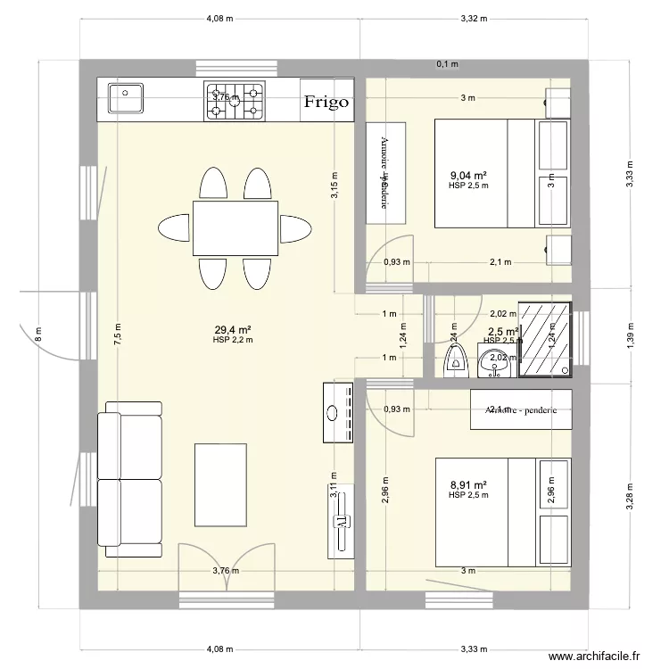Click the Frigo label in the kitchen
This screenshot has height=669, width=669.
tap(326, 102)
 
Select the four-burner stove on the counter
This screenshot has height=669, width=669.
tap(236, 101)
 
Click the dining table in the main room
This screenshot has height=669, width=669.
tap(235, 227)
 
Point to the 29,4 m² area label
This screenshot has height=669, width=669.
tap(232, 329)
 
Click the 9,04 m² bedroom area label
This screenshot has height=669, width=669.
tap(467, 176)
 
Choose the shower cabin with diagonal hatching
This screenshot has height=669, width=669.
tap(545, 340)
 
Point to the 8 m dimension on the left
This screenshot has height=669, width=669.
tap(38, 335)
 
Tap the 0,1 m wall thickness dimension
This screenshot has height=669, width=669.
tap(446, 64)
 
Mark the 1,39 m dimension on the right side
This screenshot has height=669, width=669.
tap(630, 337)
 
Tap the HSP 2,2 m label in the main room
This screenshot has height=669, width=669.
tap(232, 340)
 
